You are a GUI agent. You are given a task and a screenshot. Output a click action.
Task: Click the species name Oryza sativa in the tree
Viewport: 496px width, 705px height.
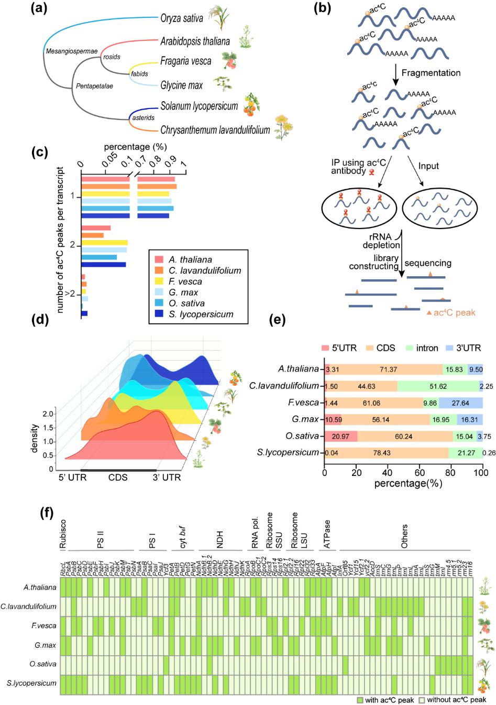(x=181, y=18)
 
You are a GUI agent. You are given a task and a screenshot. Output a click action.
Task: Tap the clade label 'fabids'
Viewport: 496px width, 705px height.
(x=139, y=74)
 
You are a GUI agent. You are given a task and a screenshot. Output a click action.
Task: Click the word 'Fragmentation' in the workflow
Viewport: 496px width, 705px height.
(x=431, y=73)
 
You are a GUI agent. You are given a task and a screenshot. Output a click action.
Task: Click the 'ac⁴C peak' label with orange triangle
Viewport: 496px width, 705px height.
(x=451, y=313)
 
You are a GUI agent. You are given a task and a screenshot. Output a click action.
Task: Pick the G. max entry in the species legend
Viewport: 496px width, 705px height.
(x=183, y=292)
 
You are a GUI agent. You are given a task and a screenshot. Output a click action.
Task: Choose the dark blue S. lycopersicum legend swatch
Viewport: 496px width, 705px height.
(x=159, y=314)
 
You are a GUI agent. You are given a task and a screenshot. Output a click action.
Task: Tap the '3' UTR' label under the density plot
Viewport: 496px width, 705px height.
(x=167, y=478)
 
